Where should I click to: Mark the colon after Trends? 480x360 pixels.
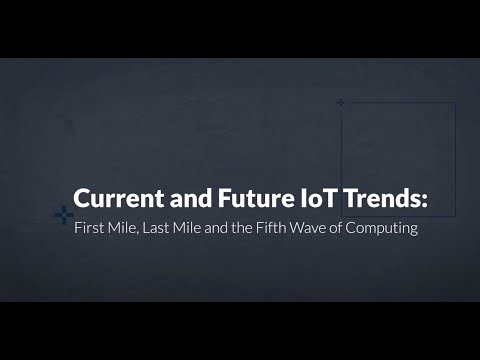click(424, 200)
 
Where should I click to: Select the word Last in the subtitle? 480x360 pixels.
click(156, 227)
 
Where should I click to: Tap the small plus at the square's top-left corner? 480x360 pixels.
click(341, 102)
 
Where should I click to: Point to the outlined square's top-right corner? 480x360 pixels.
click(456, 102)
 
